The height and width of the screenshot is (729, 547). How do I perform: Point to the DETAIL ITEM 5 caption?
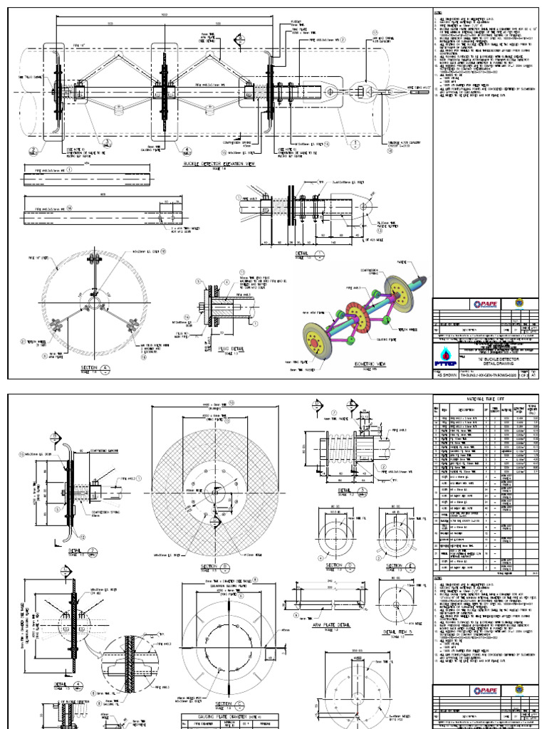point(399,631)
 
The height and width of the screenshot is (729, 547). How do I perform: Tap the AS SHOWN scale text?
point(449,373)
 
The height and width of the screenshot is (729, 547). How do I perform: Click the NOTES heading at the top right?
point(439,14)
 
